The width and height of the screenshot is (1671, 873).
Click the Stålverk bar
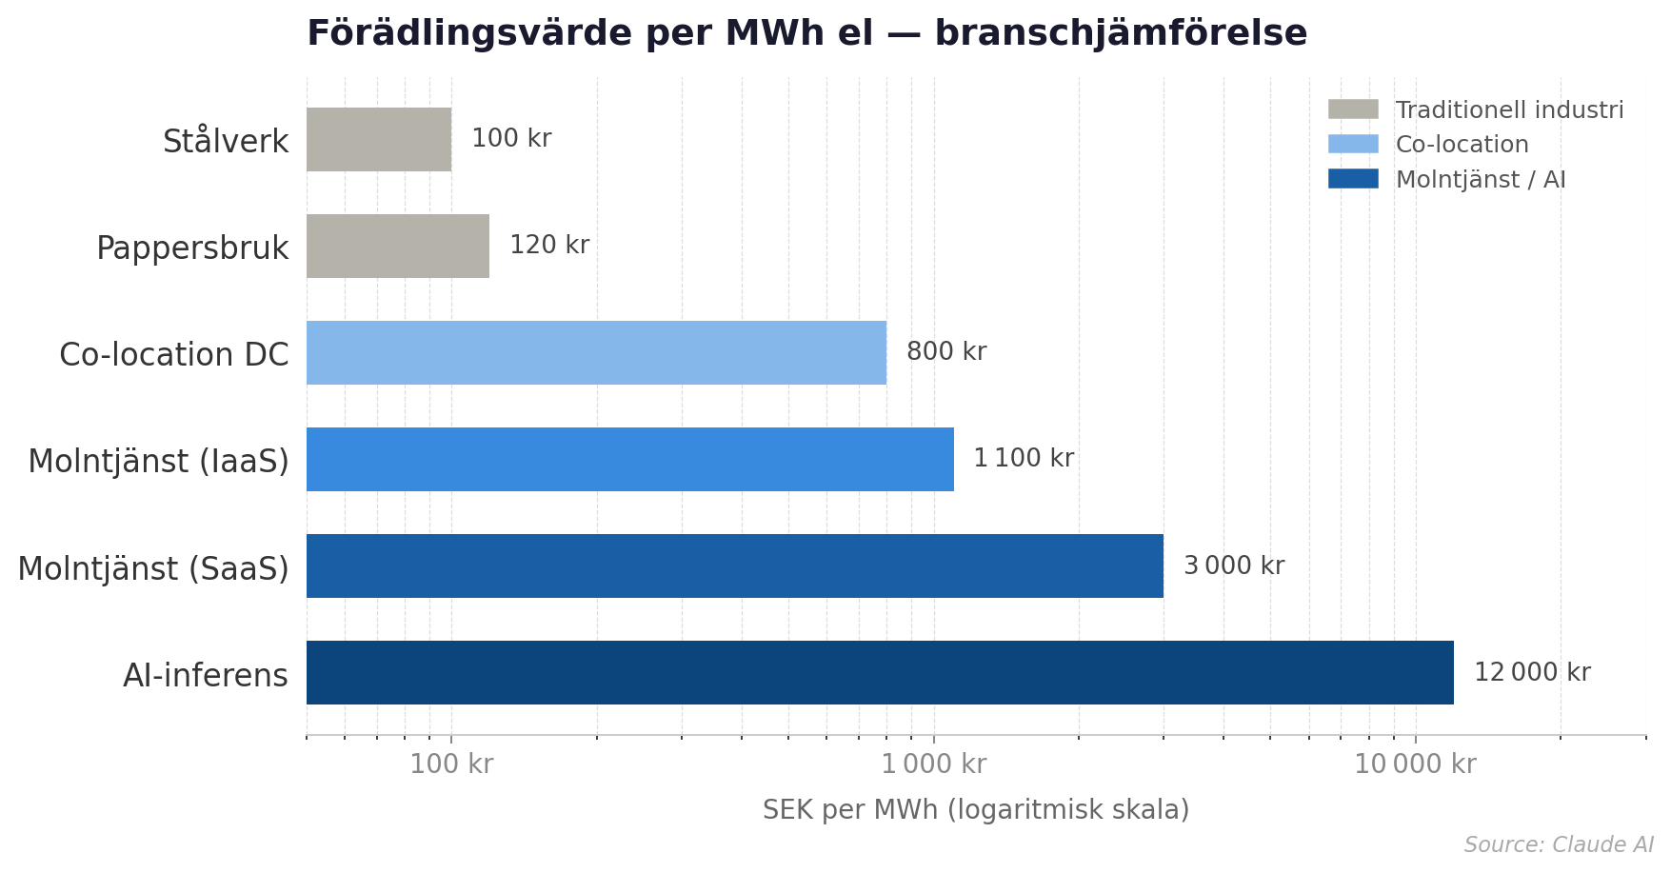tap(379, 139)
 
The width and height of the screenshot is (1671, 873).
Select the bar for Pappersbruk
tap(398, 246)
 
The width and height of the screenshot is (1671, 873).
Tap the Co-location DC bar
tap(596, 352)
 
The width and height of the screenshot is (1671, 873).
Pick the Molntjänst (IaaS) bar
tap(629, 459)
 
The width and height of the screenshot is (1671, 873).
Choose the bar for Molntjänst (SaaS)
tap(734, 565)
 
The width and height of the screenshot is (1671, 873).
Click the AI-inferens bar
tap(880, 672)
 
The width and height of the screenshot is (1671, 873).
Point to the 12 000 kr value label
tap(1531, 672)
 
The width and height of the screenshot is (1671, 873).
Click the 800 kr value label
tap(945, 352)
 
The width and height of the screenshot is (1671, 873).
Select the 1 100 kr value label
tap(1023, 459)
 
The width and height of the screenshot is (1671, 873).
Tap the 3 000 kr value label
tap(1233, 566)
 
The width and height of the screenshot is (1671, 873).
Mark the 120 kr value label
tap(548, 246)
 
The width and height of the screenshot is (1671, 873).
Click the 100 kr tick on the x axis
tap(451, 764)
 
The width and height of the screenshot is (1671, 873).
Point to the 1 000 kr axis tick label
tap(933, 764)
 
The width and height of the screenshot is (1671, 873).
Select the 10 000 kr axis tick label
tap(1415, 764)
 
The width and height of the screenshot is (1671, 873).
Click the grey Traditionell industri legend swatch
tap(1352, 109)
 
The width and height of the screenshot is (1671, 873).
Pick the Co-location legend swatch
tap(1352, 144)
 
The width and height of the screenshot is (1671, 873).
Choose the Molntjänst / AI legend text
tap(1480, 180)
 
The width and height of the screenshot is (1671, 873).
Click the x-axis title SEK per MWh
tap(975, 810)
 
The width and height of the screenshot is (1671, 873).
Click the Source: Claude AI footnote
tap(1558, 845)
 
